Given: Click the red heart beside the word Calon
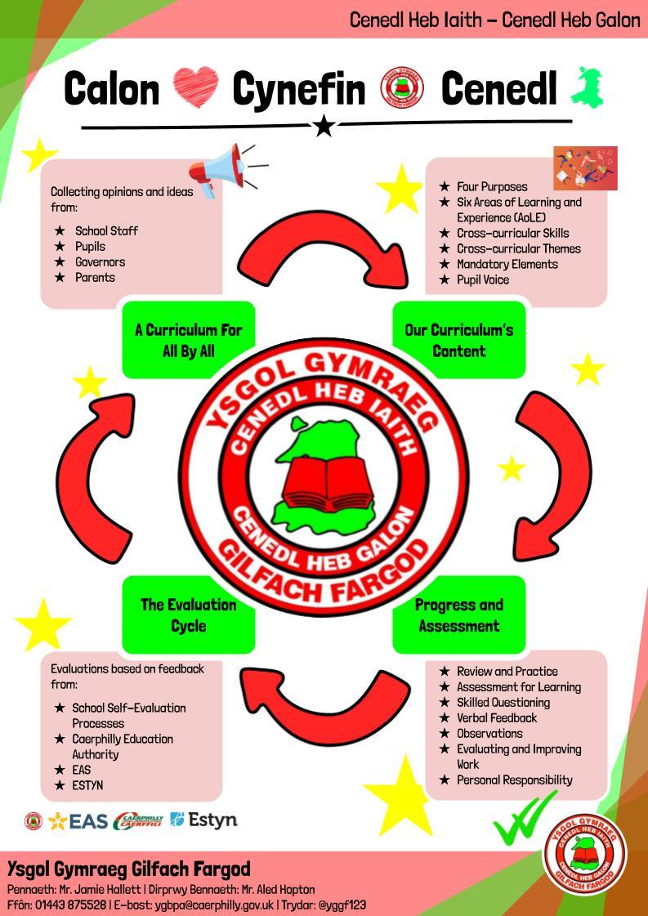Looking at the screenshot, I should (x=196, y=89).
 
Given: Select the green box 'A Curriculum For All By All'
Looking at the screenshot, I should (x=188, y=341).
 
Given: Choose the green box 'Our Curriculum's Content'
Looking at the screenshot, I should (x=459, y=341).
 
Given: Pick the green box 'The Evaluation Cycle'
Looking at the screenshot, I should (x=188, y=615).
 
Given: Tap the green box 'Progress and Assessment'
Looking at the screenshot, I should (x=459, y=615).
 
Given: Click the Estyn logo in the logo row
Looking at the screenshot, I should (x=203, y=820).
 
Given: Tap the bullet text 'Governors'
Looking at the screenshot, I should (x=100, y=262).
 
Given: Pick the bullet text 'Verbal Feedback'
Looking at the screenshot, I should (x=497, y=717).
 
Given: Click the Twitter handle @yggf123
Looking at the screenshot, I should (x=342, y=905).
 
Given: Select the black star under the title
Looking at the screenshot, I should (x=324, y=126).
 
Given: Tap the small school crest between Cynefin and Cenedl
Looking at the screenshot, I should (x=402, y=89).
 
